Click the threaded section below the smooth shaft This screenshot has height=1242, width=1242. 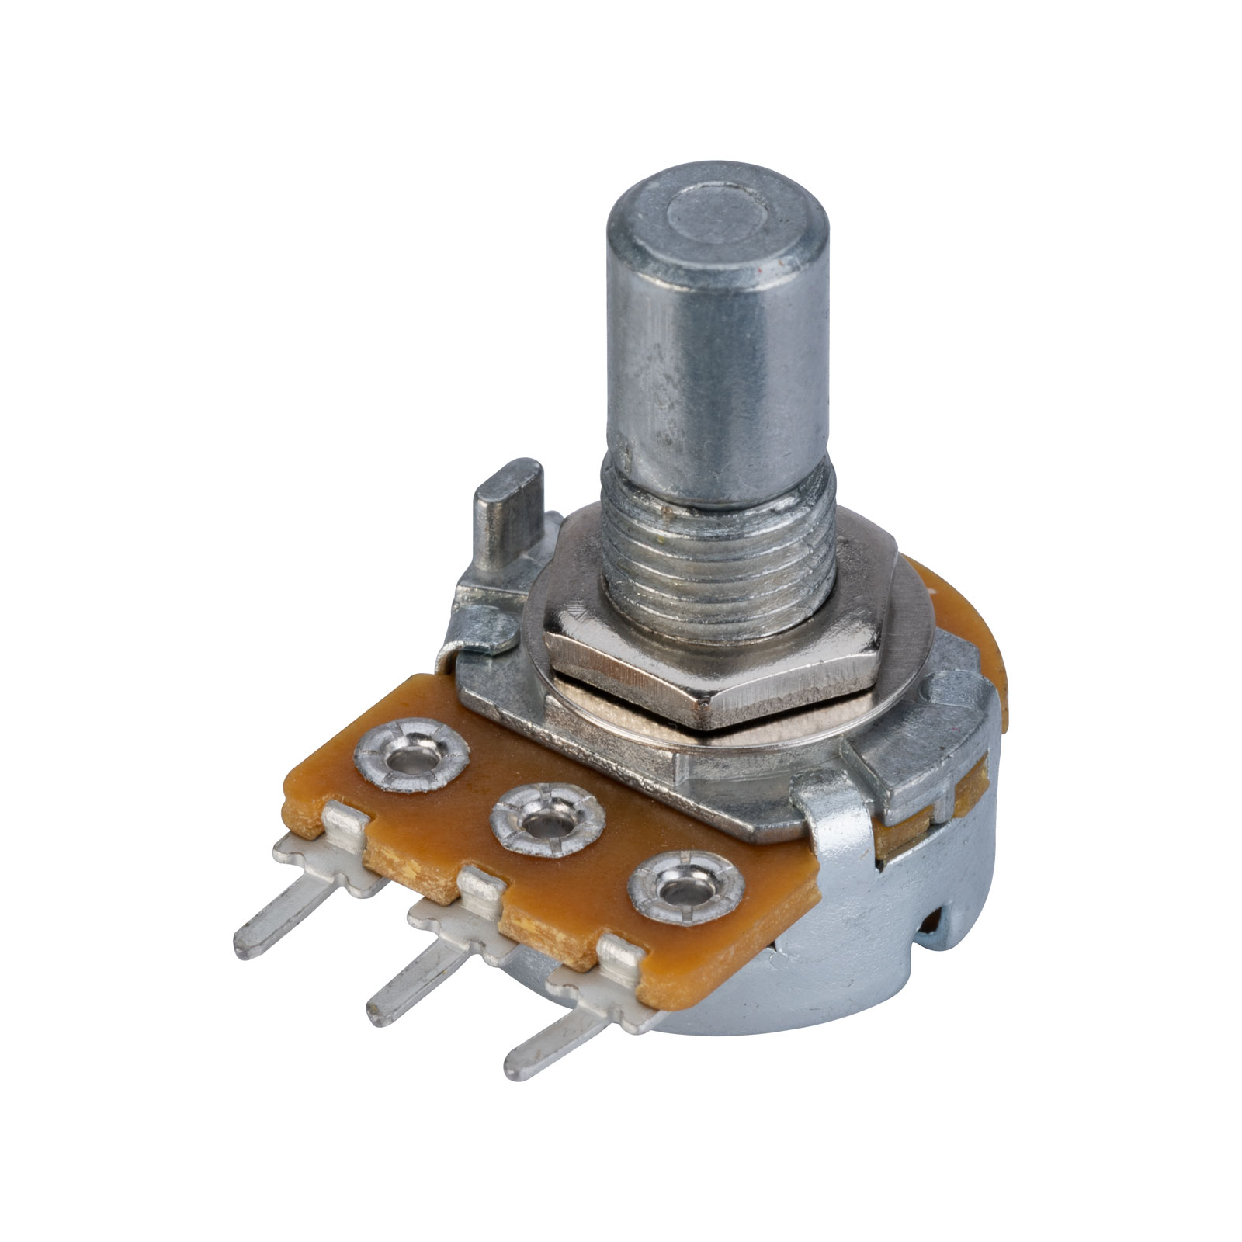coord(718,559)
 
